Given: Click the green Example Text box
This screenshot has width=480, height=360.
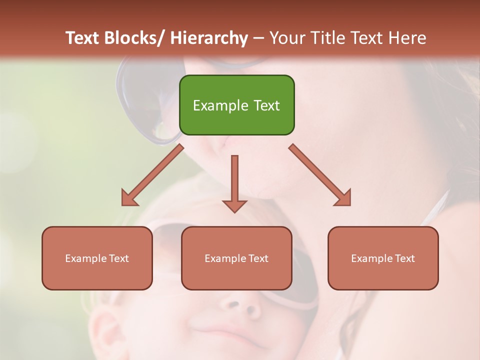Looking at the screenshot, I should pyautogui.click(x=236, y=105).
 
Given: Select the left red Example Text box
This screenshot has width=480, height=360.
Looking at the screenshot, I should pyautogui.click(x=97, y=258).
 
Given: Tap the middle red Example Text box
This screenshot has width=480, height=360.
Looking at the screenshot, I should pyautogui.click(x=236, y=258).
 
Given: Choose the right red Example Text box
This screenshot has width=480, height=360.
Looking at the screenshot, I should pyautogui.click(x=383, y=258).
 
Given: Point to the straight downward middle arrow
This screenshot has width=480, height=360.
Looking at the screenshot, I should pyautogui.click(x=234, y=183).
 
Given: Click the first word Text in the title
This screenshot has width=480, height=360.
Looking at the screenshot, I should pyautogui.click(x=83, y=38).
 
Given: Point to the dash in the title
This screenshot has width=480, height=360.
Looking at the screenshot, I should pyautogui.click(x=258, y=38).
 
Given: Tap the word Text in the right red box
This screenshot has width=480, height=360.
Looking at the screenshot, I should pyautogui.click(x=404, y=258).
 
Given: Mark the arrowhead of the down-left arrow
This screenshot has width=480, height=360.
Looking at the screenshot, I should pyautogui.click(x=128, y=198).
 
